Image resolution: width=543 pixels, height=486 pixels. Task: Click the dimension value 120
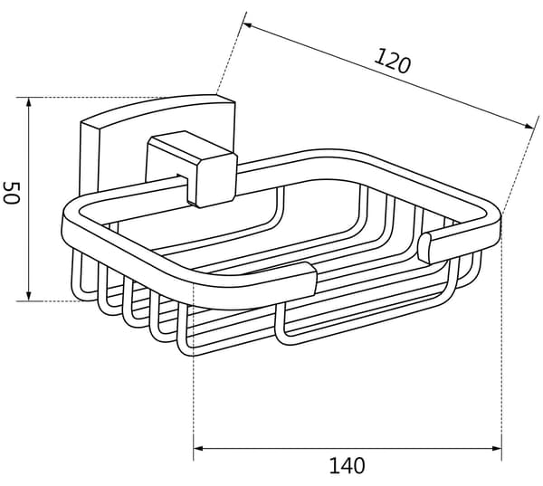point(393,62)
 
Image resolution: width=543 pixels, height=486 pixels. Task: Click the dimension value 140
point(347,465)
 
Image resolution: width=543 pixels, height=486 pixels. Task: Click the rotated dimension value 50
point(11,193)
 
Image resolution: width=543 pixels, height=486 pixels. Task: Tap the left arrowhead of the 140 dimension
point(197,449)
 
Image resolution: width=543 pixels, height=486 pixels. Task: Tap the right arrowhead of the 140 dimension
point(497,449)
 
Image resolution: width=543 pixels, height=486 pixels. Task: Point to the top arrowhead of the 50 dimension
point(29,102)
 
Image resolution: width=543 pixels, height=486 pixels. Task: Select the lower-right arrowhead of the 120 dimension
point(529,127)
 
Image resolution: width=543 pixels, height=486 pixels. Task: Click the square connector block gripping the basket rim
point(192,169)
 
